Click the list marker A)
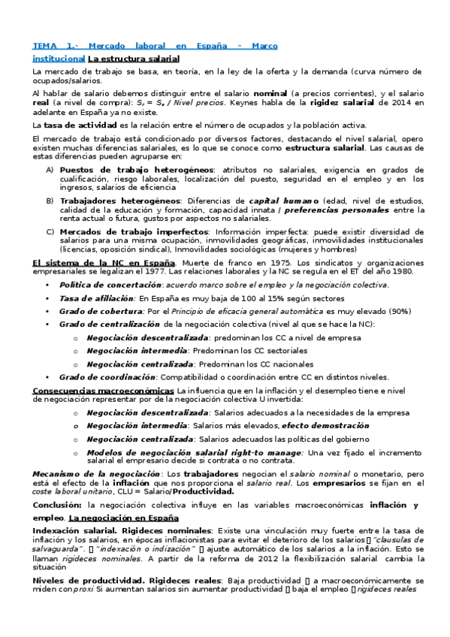click(x=50, y=171)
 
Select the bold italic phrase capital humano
click(x=285, y=201)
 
